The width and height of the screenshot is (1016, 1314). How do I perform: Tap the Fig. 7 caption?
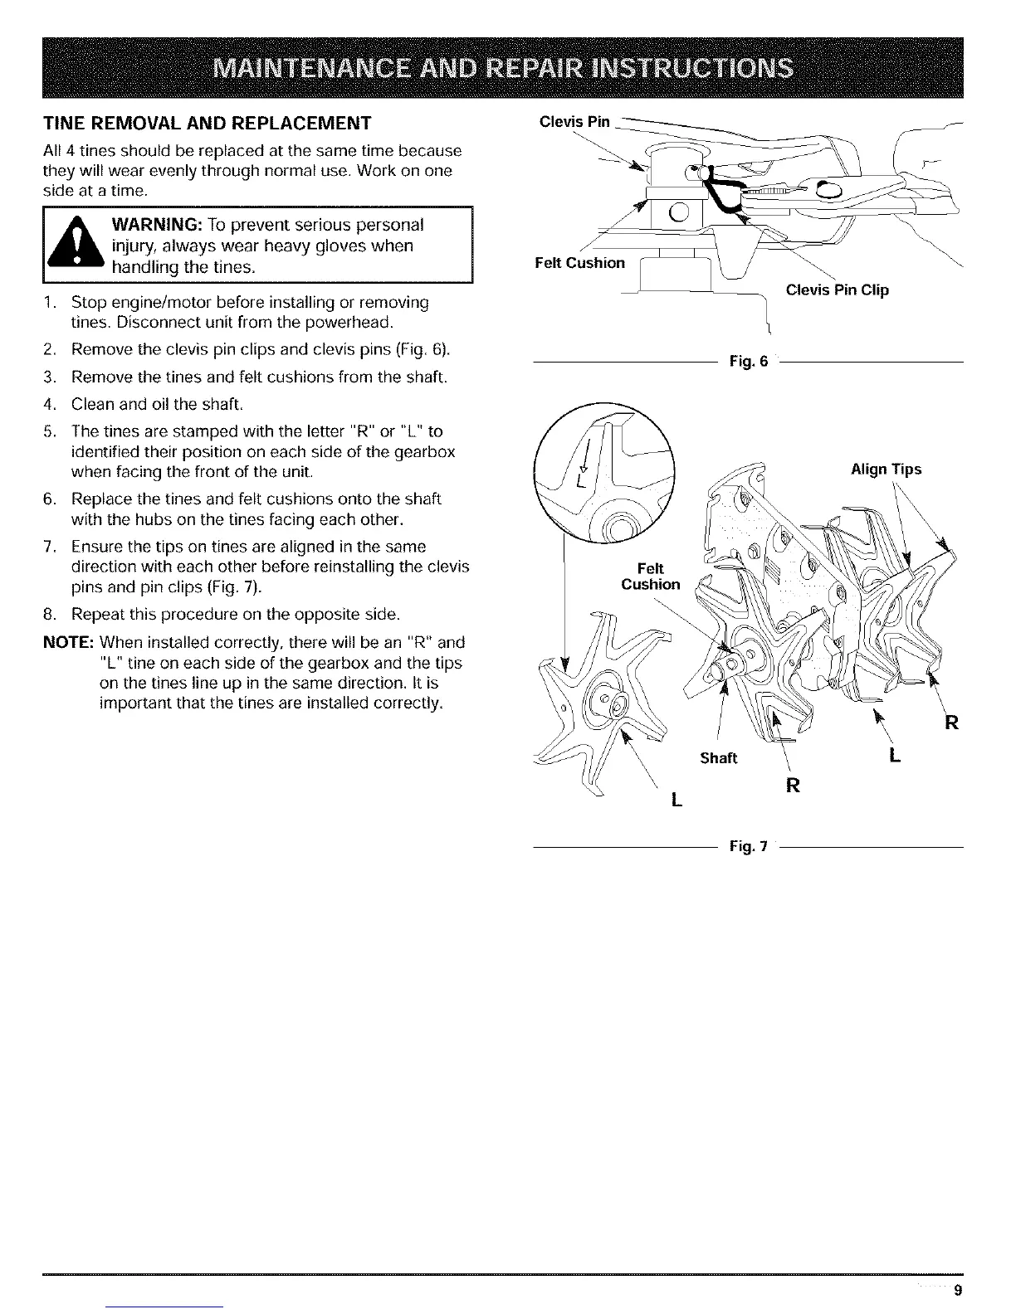[x=748, y=847]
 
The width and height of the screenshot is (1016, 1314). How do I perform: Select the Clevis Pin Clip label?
[x=837, y=290]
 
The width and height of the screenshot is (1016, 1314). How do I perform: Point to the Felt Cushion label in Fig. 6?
[x=579, y=263]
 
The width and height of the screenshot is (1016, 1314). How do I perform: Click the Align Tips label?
[x=887, y=470]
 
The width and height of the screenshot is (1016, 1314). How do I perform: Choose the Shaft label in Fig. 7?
[x=718, y=758]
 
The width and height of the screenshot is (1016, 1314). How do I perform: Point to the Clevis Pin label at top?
[x=574, y=123]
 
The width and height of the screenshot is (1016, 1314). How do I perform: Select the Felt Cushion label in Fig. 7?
[x=650, y=576]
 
